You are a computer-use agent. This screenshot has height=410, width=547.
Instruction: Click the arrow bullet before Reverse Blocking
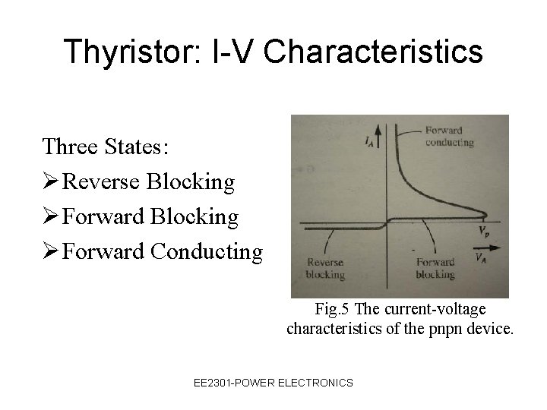51,181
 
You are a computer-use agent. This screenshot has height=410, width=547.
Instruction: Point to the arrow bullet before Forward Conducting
51,251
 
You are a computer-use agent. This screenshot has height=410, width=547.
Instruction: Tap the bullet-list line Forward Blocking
150,216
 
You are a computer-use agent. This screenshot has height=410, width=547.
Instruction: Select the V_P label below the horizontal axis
482,230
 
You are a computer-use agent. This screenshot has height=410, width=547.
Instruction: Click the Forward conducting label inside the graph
449,136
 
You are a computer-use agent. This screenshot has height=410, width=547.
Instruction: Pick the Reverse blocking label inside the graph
324,269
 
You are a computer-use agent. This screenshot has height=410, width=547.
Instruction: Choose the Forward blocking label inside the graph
435,269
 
